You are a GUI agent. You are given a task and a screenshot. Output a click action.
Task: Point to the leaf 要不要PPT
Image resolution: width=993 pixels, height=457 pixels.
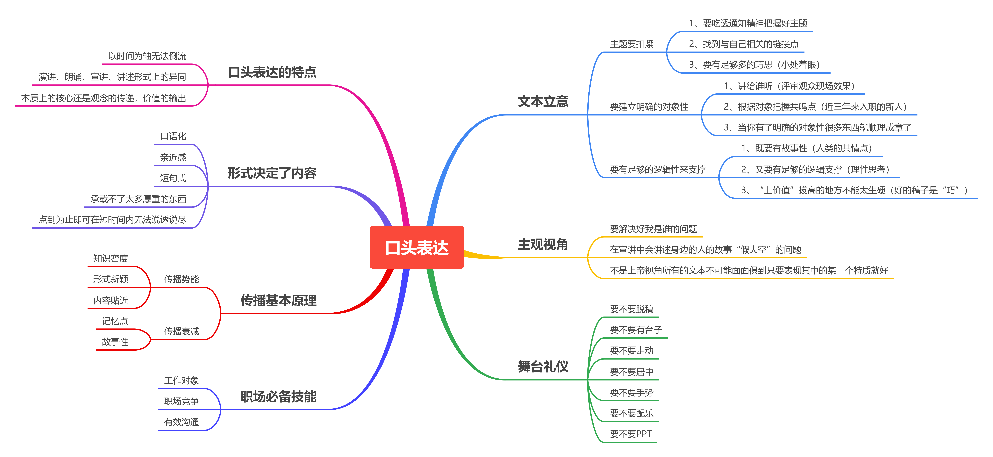[x=631, y=434]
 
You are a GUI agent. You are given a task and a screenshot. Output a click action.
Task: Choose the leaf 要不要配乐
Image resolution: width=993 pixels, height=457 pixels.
[x=631, y=413]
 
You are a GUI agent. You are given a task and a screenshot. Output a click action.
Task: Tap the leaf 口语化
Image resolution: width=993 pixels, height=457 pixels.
[x=173, y=136]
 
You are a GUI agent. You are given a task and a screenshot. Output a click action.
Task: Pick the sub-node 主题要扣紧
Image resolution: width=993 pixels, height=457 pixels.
[x=631, y=44]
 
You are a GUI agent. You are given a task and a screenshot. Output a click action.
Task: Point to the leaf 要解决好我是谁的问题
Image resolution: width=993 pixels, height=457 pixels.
[x=653, y=229]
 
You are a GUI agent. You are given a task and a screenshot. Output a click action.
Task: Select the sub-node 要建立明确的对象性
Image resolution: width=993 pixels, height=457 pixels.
[x=649, y=107]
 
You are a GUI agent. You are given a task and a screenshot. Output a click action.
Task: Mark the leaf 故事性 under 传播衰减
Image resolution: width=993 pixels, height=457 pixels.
[x=115, y=341]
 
